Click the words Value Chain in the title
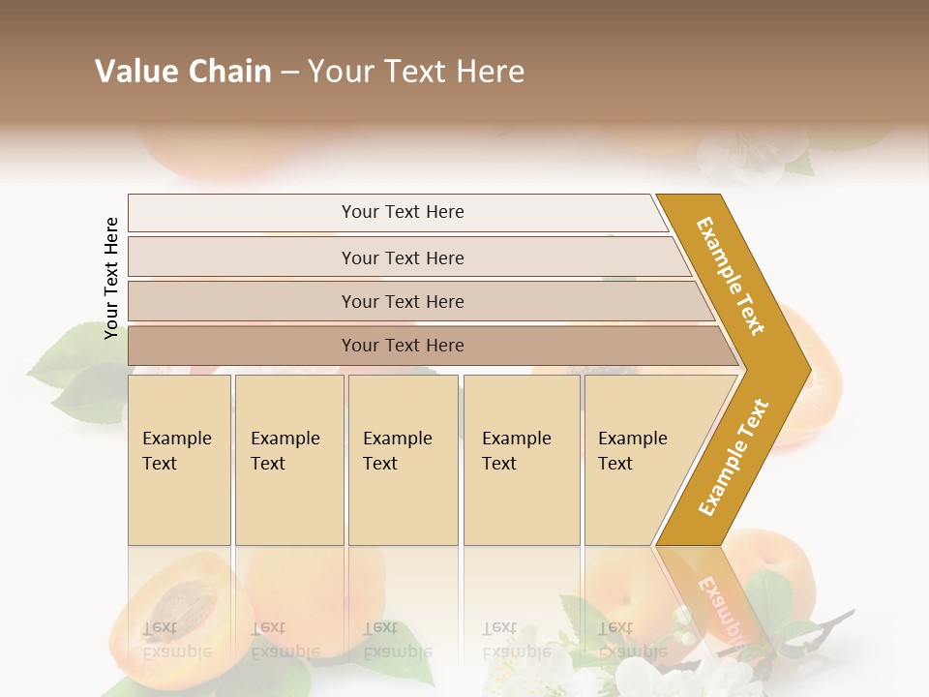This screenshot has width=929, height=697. coord(183,72)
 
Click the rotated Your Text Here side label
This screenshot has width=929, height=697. coord(111,278)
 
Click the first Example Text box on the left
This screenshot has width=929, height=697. coord(179,460)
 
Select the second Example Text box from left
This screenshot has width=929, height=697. coord(288,460)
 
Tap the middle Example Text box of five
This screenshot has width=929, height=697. coord(403,460)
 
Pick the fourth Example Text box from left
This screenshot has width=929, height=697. coord(521,460)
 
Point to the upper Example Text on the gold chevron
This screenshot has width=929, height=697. coord(731,276)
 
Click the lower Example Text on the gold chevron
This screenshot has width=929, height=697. coord(733,457)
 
